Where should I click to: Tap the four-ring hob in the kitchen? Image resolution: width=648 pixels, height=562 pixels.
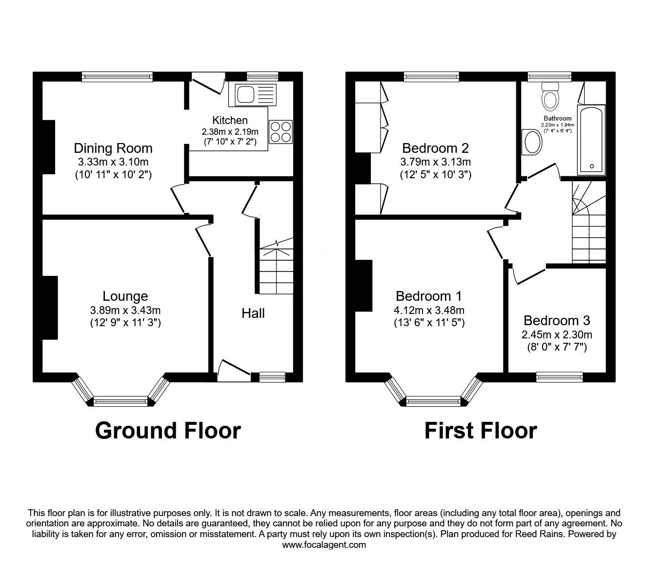281,132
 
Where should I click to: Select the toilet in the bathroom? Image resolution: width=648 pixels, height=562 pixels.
550,98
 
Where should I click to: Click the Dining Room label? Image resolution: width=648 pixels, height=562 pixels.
113,148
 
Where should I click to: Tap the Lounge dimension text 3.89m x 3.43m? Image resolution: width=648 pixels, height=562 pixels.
125,310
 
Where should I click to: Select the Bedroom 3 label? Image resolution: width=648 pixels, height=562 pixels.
557,320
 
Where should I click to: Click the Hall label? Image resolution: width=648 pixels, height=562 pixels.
253,313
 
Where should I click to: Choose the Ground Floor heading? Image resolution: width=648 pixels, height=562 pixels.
168,431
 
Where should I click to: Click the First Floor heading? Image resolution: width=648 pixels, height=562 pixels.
481,431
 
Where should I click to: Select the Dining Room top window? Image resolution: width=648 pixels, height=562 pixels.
117,76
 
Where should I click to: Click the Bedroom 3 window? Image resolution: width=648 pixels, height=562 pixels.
559,376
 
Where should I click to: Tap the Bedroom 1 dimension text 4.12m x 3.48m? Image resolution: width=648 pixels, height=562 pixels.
429,310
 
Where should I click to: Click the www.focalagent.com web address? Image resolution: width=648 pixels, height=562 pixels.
324,545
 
